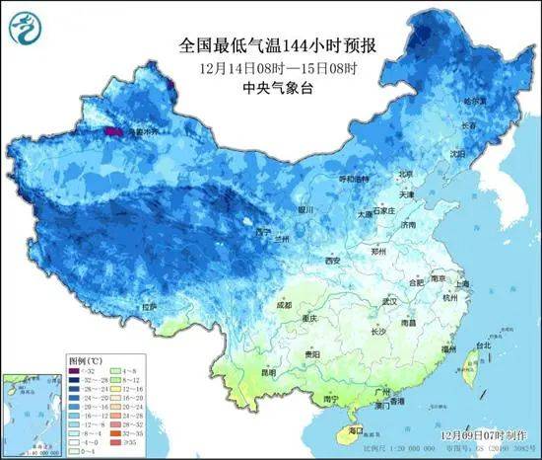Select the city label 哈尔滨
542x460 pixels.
click(x=476, y=102)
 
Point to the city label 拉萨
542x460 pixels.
click(x=149, y=307)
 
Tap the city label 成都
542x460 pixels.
click(x=284, y=305)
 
